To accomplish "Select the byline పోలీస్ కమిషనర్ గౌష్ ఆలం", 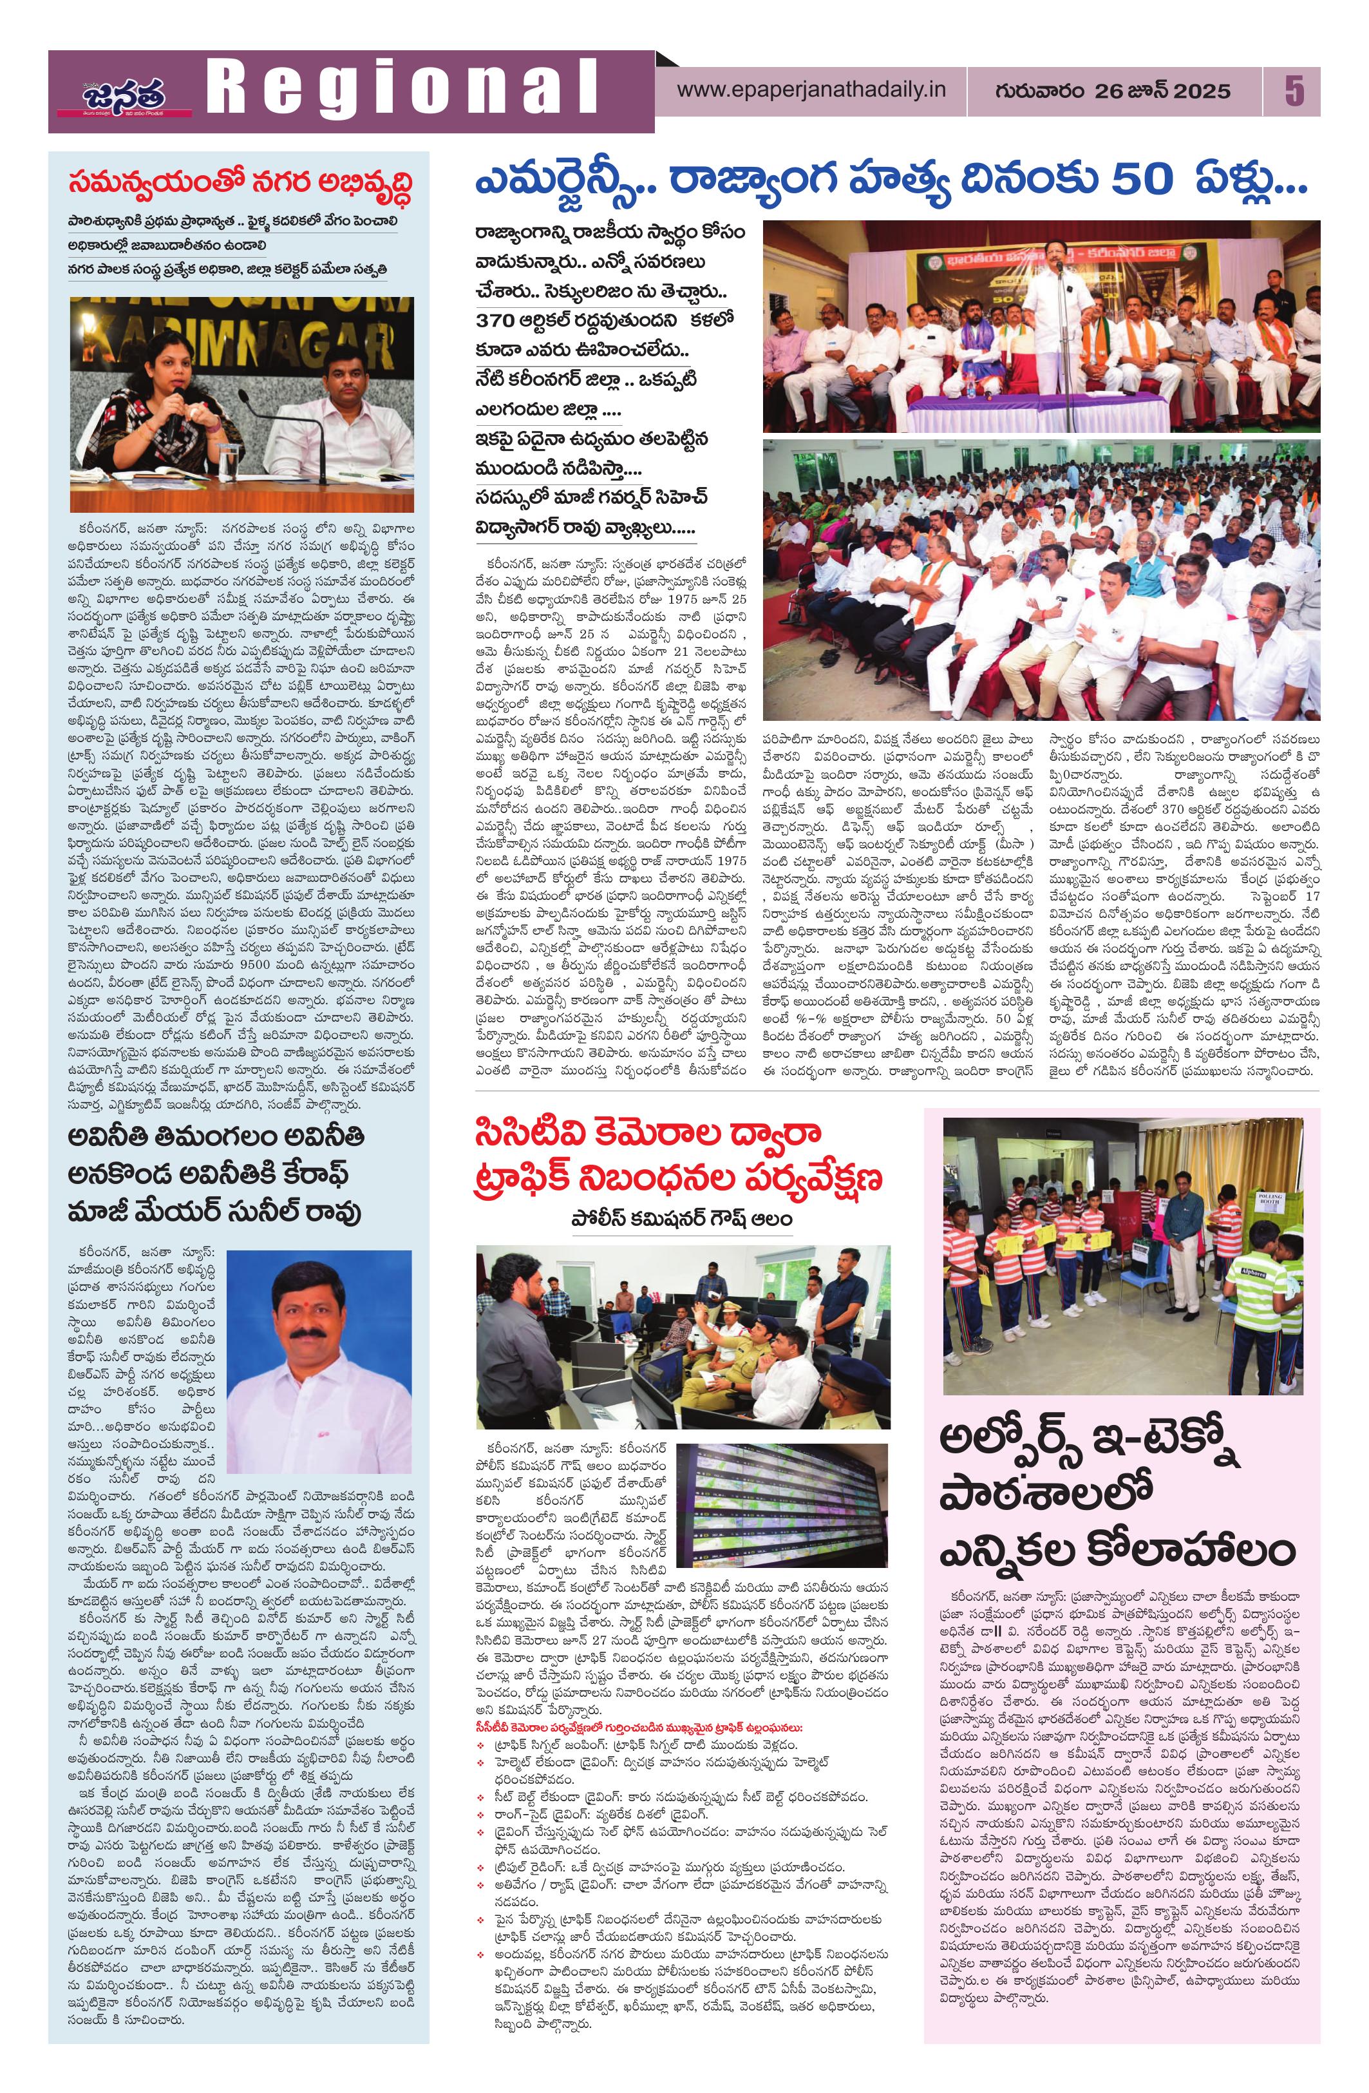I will [x=679, y=1218].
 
